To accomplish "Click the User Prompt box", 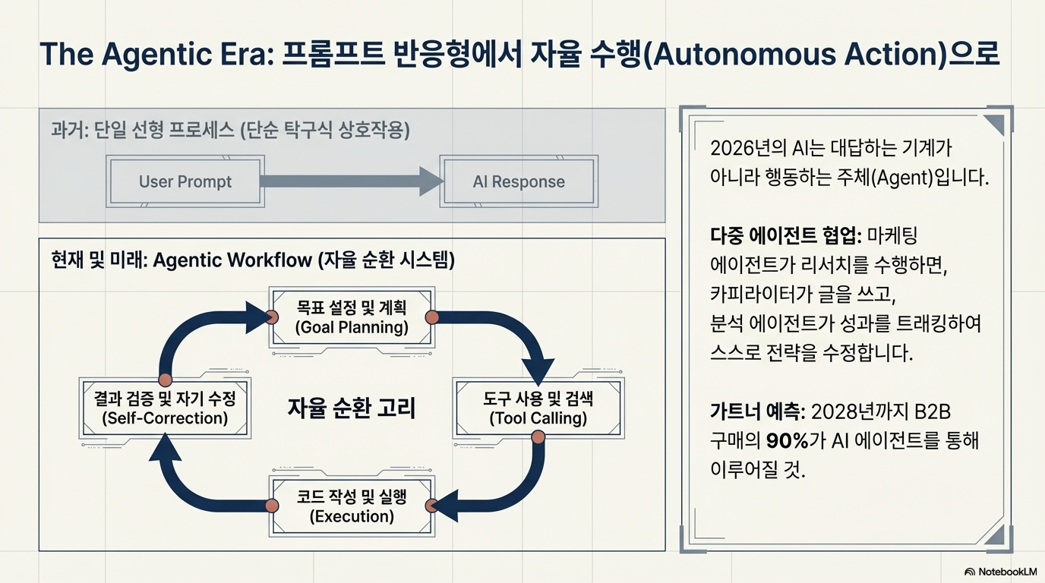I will tap(185, 181).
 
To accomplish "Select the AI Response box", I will tap(519, 181).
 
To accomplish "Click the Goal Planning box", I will tap(352, 317).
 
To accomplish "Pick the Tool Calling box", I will tap(538, 408).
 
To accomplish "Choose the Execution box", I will tap(352, 506).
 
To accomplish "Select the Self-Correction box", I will tap(165, 408).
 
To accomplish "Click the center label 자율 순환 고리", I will tap(352, 408).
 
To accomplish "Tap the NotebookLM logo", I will tap(1000, 572).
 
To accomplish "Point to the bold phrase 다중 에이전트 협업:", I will tap(785, 236).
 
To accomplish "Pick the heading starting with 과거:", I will tap(231, 131).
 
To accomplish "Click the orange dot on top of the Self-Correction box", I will tap(165, 380).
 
